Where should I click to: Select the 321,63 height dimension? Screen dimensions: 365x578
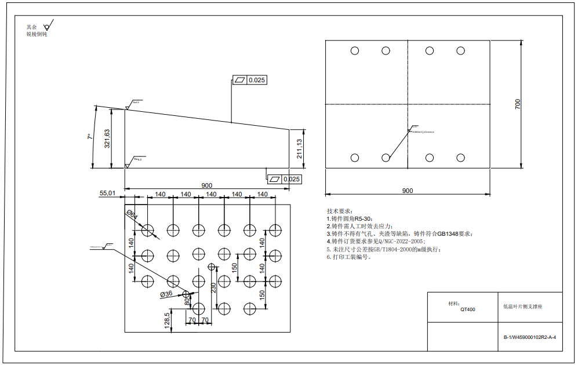point(107,139)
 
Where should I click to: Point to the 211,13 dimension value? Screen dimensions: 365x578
point(299,149)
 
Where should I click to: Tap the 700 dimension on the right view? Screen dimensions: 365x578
point(518,104)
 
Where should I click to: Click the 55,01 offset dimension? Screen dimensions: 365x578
point(108,192)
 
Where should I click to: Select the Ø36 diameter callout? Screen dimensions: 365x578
point(166,294)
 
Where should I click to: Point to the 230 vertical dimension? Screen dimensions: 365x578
point(213,287)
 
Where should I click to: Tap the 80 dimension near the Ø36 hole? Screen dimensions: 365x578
point(187,301)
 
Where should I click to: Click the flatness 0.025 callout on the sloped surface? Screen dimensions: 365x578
point(250,80)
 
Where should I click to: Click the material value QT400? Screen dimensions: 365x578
point(468,309)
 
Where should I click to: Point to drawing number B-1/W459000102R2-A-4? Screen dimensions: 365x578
point(529,337)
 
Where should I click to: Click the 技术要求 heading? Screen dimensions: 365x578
point(339,211)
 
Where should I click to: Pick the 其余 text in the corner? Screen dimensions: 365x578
point(31,27)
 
